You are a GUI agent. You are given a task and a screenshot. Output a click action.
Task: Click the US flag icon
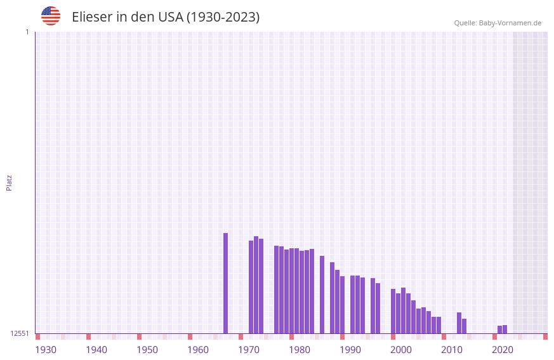click(x=51, y=16)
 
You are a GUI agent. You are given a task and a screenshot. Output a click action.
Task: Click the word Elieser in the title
click(x=92, y=17)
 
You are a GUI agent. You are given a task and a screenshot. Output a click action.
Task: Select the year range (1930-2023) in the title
click(x=223, y=17)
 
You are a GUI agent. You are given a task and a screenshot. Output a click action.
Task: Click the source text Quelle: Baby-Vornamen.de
click(x=498, y=23)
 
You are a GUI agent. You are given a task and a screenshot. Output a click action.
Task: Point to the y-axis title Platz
click(x=9, y=182)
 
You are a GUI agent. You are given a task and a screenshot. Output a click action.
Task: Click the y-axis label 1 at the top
click(x=27, y=32)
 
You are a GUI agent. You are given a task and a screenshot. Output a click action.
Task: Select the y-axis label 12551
click(x=20, y=333)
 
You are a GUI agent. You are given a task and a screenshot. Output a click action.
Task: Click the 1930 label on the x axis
click(x=46, y=350)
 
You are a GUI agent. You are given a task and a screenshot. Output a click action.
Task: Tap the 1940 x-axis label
click(x=96, y=350)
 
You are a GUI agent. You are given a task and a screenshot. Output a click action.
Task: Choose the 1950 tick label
click(x=147, y=350)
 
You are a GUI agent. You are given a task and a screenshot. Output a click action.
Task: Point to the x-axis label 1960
click(x=198, y=350)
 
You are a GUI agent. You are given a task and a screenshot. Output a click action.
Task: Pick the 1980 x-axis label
click(x=300, y=350)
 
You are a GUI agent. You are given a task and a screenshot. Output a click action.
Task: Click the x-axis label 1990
click(x=350, y=350)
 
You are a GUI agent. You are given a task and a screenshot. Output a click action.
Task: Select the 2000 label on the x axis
click(x=401, y=350)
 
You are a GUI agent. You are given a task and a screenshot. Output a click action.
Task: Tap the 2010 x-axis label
click(x=452, y=350)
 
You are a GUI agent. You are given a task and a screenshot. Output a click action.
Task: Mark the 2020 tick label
click(x=503, y=350)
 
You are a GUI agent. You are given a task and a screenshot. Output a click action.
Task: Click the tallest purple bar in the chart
click(x=225, y=283)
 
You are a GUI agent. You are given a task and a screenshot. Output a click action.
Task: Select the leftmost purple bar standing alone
click(x=225, y=283)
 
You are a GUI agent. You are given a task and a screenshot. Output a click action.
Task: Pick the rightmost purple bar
click(x=505, y=329)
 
